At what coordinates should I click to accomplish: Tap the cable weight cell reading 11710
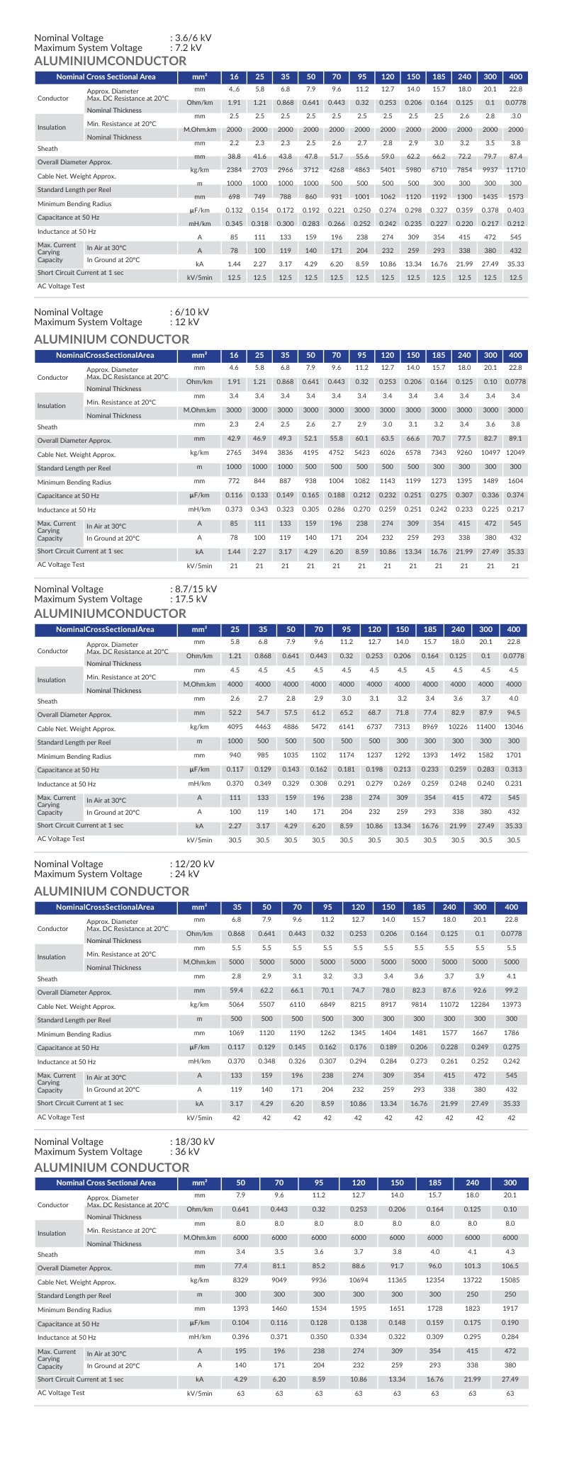pyautogui.click(x=515, y=170)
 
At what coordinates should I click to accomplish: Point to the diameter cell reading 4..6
pyautogui.click(x=235, y=89)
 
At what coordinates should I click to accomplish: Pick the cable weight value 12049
pyautogui.click(x=515, y=453)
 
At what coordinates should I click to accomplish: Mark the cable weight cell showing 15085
pyautogui.click(x=510, y=1280)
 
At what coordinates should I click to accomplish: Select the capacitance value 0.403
pyautogui.click(x=515, y=210)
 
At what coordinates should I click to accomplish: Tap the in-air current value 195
pyautogui.click(x=241, y=1351)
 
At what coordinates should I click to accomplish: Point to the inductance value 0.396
pyautogui.click(x=241, y=1337)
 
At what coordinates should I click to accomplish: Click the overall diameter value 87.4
pyautogui.click(x=515, y=156)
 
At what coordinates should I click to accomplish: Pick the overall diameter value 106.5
pyautogui.click(x=510, y=1266)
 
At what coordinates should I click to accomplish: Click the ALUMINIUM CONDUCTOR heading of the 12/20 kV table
pyautogui.click(x=112, y=891)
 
